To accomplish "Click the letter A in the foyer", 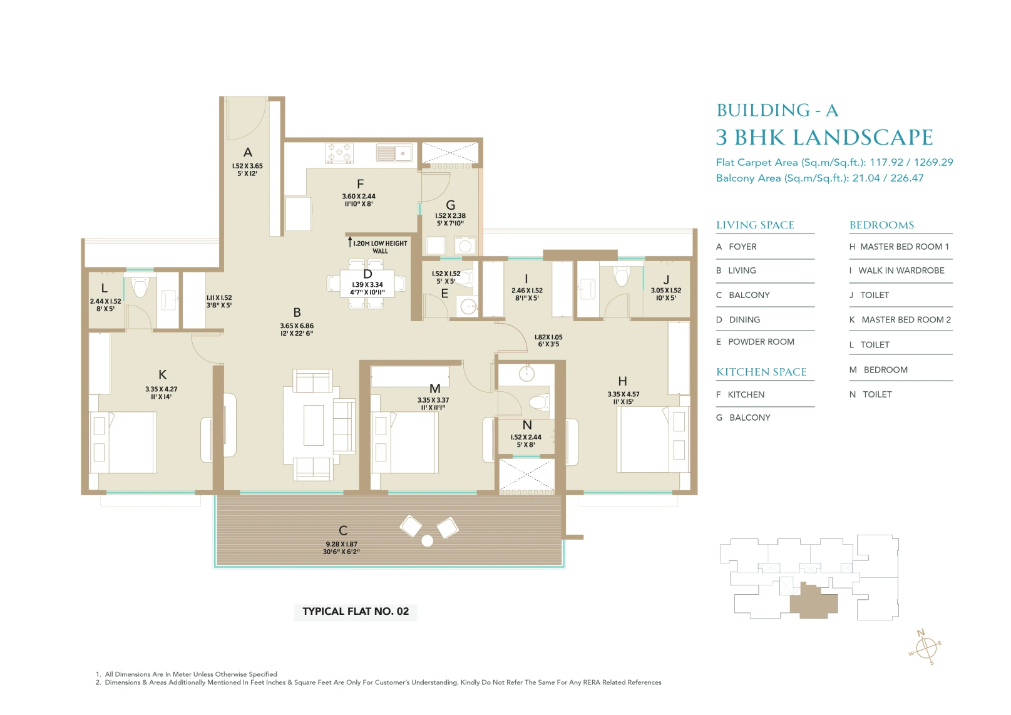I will click(x=248, y=152).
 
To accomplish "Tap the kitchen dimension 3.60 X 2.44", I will click(x=359, y=196).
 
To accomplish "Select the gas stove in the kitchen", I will click(x=339, y=153).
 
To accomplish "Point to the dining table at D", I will click(x=367, y=288).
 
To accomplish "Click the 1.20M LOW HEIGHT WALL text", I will click(x=380, y=247).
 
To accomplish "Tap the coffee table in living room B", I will click(x=314, y=425).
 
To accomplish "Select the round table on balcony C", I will click(x=428, y=541).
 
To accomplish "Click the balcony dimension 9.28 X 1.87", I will click(x=341, y=544).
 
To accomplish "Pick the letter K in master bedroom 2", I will click(x=163, y=374).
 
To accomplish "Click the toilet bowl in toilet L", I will click(x=140, y=287).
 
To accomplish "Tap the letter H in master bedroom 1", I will click(x=622, y=381).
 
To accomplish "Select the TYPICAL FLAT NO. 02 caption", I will click(x=356, y=612).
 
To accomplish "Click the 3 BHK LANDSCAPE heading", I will click(x=824, y=137).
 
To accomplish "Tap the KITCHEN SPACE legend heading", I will click(x=761, y=372).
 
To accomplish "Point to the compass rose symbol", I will click(x=926, y=647).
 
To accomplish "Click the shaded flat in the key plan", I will click(x=813, y=602).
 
